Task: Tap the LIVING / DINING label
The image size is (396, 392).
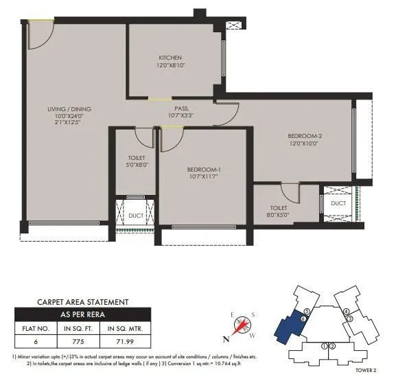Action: (69, 109)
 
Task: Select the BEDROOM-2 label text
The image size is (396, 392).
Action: (305, 136)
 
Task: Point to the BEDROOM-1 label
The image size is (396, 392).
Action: (204, 170)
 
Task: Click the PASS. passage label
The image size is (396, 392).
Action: (181, 108)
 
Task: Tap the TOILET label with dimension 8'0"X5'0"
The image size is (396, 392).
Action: (278, 207)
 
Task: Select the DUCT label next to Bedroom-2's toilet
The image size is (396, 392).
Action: (338, 204)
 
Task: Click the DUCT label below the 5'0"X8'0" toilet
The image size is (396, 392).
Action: (135, 215)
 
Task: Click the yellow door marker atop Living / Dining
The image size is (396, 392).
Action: (44, 22)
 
